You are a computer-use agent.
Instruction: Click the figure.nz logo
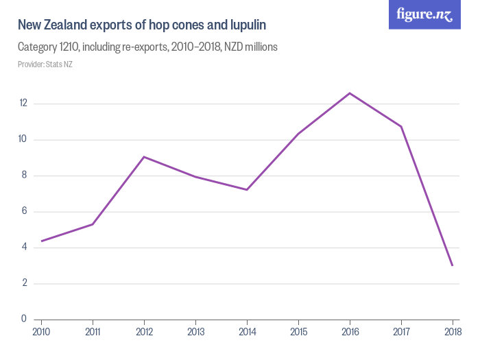424,15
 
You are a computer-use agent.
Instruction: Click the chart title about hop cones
141,25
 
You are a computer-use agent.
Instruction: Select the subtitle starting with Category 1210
147,48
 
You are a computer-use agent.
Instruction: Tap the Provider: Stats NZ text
45,64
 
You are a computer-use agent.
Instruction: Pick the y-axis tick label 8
24,176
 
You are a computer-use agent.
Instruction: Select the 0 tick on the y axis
24,319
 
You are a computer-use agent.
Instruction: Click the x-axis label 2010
41,333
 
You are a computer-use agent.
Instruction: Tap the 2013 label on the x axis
195,333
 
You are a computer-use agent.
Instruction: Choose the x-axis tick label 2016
350,333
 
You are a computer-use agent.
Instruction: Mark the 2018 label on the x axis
451,333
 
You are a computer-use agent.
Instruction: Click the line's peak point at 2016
350,93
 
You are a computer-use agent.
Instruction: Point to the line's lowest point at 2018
453,265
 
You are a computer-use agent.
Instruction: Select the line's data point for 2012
144,157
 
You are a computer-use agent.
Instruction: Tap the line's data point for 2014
247,190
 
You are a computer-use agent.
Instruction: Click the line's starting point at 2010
41,241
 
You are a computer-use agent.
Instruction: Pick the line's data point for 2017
401,126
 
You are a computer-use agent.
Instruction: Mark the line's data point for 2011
93,224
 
